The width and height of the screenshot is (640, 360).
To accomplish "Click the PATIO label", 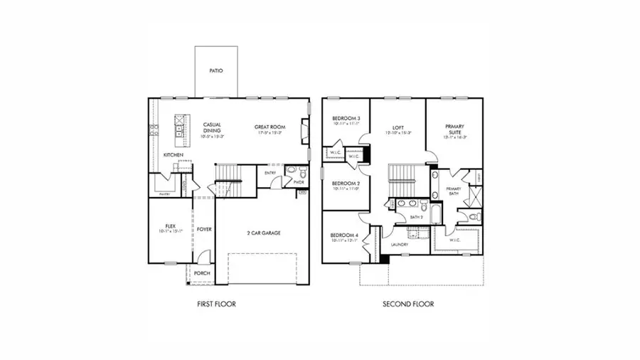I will pyautogui.click(x=216, y=71).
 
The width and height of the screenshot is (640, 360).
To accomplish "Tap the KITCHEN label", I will pyautogui.click(x=174, y=154).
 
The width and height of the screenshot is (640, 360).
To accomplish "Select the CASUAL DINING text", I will pyautogui.click(x=212, y=128).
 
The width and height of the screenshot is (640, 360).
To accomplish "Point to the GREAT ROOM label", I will pyautogui.click(x=269, y=127).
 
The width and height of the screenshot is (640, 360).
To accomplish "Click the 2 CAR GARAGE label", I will pyautogui.click(x=262, y=233).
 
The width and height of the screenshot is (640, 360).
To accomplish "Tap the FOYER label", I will pyautogui.click(x=205, y=229).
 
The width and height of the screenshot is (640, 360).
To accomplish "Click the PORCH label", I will pyautogui.click(x=202, y=272).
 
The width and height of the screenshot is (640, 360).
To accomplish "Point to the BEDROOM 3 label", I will pyautogui.click(x=346, y=118).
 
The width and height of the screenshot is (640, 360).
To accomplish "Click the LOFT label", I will pyautogui.click(x=398, y=127).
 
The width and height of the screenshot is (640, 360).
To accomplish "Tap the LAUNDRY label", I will pyautogui.click(x=398, y=245).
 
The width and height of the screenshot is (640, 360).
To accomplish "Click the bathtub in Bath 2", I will pyautogui.click(x=436, y=213).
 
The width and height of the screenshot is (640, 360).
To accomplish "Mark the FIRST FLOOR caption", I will pyautogui.click(x=216, y=304).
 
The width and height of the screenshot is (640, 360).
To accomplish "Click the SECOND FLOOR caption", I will pyautogui.click(x=408, y=304).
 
